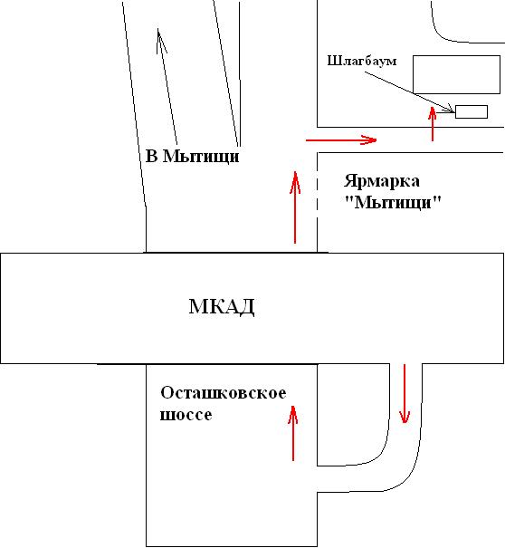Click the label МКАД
(x=222, y=307)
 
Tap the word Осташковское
(x=224, y=393)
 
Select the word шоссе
(x=186, y=415)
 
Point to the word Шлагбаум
(x=362, y=61)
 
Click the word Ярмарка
(x=382, y=182)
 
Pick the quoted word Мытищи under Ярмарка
(x=393, y=202)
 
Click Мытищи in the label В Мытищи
(x=202, y=157)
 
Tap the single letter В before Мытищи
(x=151, y=156)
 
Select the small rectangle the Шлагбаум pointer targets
(x=472, y=111)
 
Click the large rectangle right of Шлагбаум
(x=456, y=74)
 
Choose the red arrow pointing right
(x=341, y=140)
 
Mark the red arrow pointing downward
(x=405, y=394)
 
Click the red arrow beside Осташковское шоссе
(x=293, y=433)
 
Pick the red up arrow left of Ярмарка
(x=295, y=207)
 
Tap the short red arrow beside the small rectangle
(x=433, y=124)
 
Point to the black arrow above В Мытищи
(x=167, y=86)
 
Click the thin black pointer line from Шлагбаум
(x=409, y=92)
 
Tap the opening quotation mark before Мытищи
(x=348, y=198)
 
